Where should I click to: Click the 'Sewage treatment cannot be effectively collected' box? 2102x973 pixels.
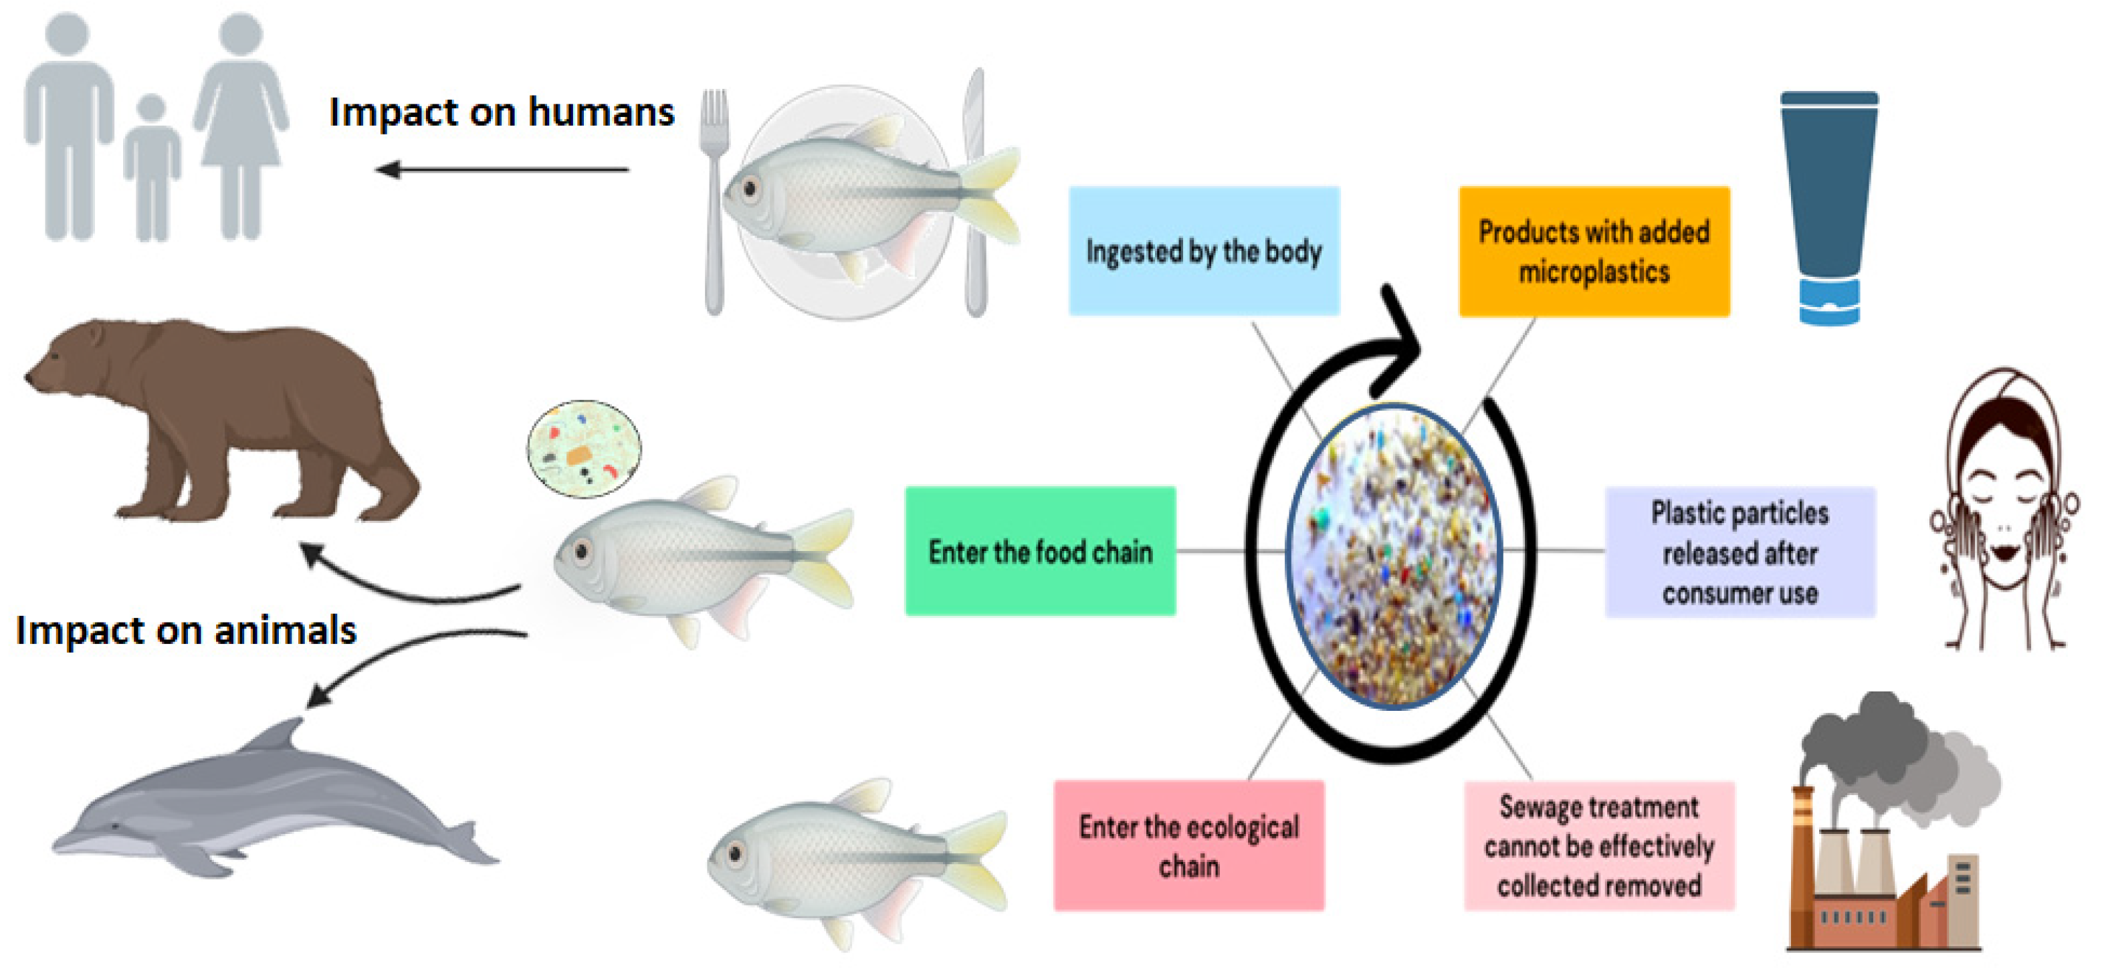1598,845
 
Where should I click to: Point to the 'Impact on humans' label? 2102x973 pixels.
501,112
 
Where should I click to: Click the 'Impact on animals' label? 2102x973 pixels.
186,630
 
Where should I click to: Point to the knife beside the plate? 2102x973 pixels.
975,196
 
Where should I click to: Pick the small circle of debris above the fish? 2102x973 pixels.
583,448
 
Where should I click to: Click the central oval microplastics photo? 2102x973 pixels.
1394,554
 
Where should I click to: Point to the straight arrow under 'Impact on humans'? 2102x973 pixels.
502,170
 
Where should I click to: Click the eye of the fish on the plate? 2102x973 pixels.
750,190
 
